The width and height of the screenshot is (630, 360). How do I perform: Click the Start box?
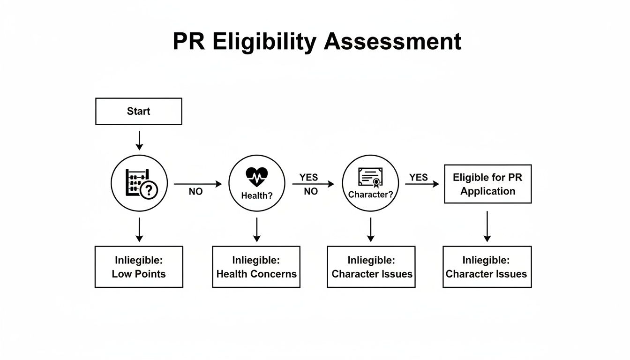[x=138, y=112]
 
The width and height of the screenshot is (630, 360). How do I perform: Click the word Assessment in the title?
[x=393, y=41]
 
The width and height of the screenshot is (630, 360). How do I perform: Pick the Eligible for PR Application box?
[x=487, y=184]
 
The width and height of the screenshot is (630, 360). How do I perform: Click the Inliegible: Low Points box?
[x=139, y=267]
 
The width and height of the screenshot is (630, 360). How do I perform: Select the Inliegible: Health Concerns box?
[x=256, y=267]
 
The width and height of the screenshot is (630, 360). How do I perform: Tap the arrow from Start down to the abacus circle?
[x=139, y=140]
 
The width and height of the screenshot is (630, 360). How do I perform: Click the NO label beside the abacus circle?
[x=195, y=192]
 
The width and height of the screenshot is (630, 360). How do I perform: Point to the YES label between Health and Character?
[x=308, y=177]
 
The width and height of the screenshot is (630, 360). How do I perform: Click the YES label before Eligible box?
[x=418, y=177]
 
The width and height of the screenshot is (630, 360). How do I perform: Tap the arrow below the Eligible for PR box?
[x=487, y=226]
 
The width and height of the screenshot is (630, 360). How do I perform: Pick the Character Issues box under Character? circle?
[x=371, y=267]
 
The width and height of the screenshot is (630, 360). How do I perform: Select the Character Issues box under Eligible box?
[x=487, y=267]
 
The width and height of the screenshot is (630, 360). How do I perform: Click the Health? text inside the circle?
[x=256, y=196]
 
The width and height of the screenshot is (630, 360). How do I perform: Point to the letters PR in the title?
[x=188, y=41]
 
